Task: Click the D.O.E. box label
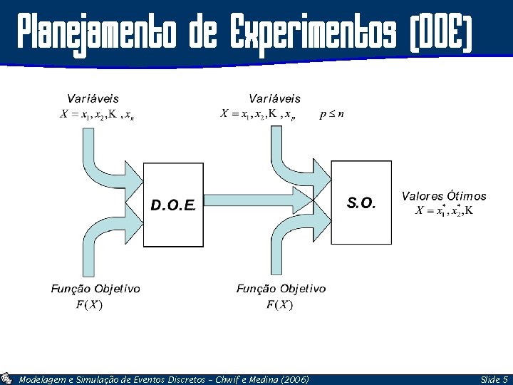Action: (173, 205)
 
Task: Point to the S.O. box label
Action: (361, 203)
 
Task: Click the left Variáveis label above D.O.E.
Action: (93, 98)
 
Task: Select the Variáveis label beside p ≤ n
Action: (274, 98)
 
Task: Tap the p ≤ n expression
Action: (332, 113)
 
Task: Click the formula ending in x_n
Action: (96, 115)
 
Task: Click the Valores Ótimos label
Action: (444, 196)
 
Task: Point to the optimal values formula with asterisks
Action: (445, 210)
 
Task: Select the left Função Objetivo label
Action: (95, 289)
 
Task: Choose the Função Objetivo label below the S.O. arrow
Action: (281, 289)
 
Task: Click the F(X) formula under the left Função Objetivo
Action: (89, 305)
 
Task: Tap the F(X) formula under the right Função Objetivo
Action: (279, 305)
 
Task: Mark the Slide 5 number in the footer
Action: (494, 380)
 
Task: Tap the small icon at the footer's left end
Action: (6, 379)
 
